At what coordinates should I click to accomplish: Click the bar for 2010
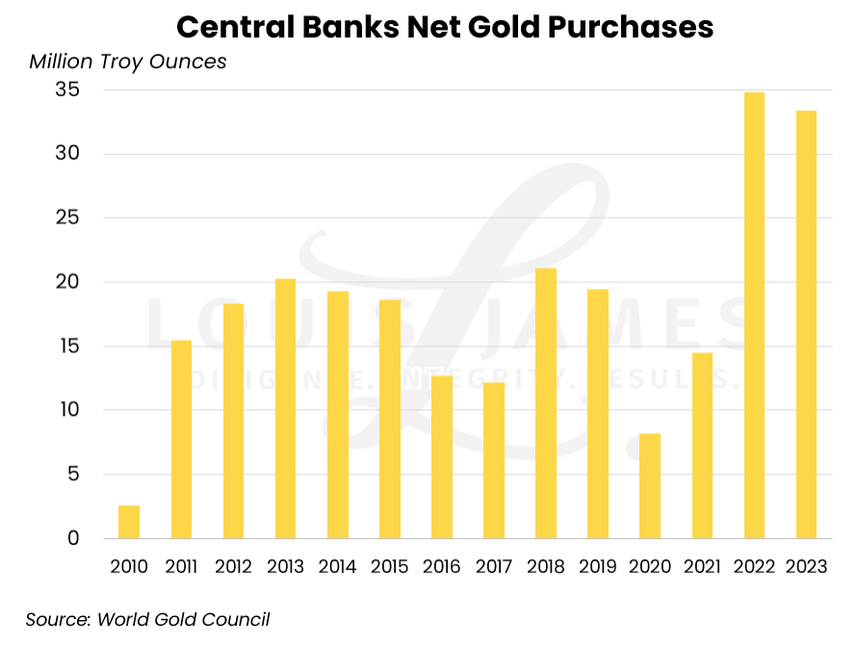(129, 522)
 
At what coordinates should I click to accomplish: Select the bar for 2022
(754, 316)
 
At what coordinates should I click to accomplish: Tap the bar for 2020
(650, 486)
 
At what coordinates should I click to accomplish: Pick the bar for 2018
(546, 403)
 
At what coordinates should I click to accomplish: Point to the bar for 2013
(285, 409)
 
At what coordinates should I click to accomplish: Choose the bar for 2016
(442, 457)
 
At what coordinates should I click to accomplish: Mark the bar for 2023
(806, 324)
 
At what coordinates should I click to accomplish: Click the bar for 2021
(702, 446)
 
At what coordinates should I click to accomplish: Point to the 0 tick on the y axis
(72, 538)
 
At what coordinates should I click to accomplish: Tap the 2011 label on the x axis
(181, 567)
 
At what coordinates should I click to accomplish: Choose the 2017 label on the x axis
(494, 567)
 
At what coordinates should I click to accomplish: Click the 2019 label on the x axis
(598, 567)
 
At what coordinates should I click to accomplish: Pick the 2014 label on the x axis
(337, 567)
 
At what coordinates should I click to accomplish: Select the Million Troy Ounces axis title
(128, 62)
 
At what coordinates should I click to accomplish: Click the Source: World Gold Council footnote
(147, 619)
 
